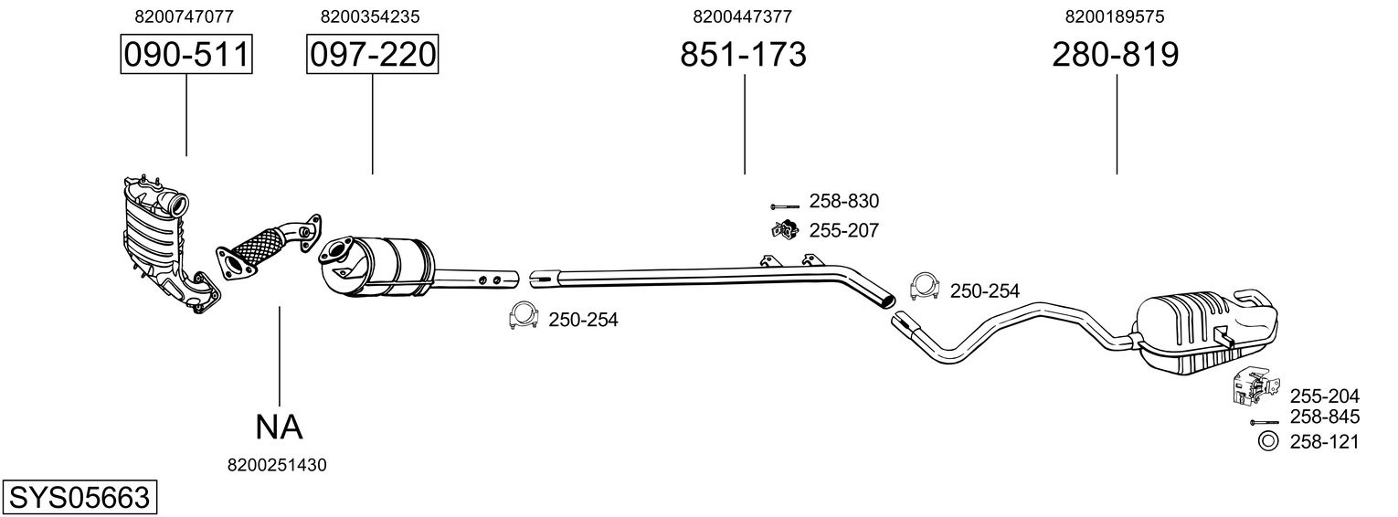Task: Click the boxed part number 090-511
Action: point(186,55)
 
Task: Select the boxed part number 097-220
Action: point(373,55)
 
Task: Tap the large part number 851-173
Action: point(743,55)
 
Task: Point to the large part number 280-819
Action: point(1116,55)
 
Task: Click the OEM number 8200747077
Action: point(184,16)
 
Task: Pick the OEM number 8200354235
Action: point(370,16)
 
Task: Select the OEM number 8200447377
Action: point(742,16)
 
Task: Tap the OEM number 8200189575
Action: point(1115,16)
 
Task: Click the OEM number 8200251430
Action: point(277,465)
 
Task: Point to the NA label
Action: point(279,426)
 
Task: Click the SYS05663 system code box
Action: point(79,498)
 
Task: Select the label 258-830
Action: point(843,202)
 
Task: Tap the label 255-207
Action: point(843,231)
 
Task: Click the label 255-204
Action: point(1324,396)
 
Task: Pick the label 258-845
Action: point(1324,417)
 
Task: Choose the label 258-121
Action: point(1324,442)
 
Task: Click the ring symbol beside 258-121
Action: point(1268,442)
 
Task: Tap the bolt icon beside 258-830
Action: point(784,205)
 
